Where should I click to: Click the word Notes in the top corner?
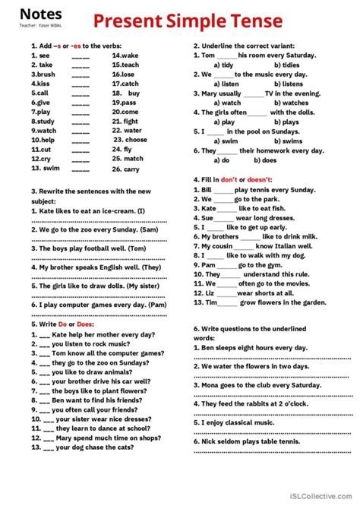[x=36, y=13]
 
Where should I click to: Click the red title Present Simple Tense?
[x=188, y=20]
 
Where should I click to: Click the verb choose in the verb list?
[x=136, y=140]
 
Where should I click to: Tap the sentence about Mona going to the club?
[x=254, y=385]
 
